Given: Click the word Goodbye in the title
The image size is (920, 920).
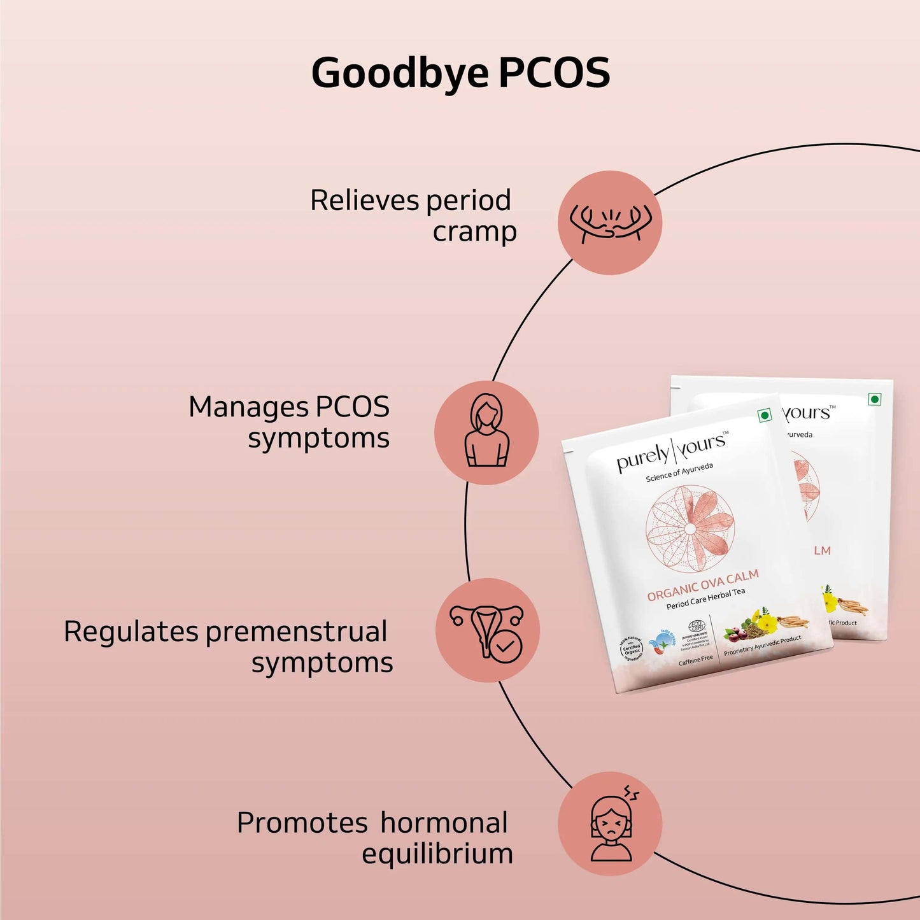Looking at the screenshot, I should [x=400, y=73].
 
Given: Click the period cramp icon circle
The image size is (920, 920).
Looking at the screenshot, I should [x=610, y=223].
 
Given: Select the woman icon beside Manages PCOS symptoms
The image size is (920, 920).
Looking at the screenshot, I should [x=486, y=432].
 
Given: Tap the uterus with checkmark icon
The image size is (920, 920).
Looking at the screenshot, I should [x=488, y=630].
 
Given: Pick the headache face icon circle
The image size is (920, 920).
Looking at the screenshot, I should [x=610, y=823].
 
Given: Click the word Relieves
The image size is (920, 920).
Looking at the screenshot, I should [x=365, y=201].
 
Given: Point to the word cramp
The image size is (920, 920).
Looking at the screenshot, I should [x=474, y=232].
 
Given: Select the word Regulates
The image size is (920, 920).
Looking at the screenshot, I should [x=131, y=632].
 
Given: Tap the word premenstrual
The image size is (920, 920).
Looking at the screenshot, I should [x=296, y=632].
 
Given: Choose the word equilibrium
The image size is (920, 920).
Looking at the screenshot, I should [x=437, y=854].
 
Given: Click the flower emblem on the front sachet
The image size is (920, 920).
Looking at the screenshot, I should [x=690, y=528].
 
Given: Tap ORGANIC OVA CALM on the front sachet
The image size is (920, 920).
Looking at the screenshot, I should [x=702, y=585].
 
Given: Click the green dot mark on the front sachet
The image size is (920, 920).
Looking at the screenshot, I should [x=765, y=415].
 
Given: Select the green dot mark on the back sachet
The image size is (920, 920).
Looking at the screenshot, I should [x=875, y=399].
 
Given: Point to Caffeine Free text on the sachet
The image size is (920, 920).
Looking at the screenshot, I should [x=695, y=660].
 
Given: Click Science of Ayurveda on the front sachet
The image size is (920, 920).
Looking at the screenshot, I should [x=679, y=472].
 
